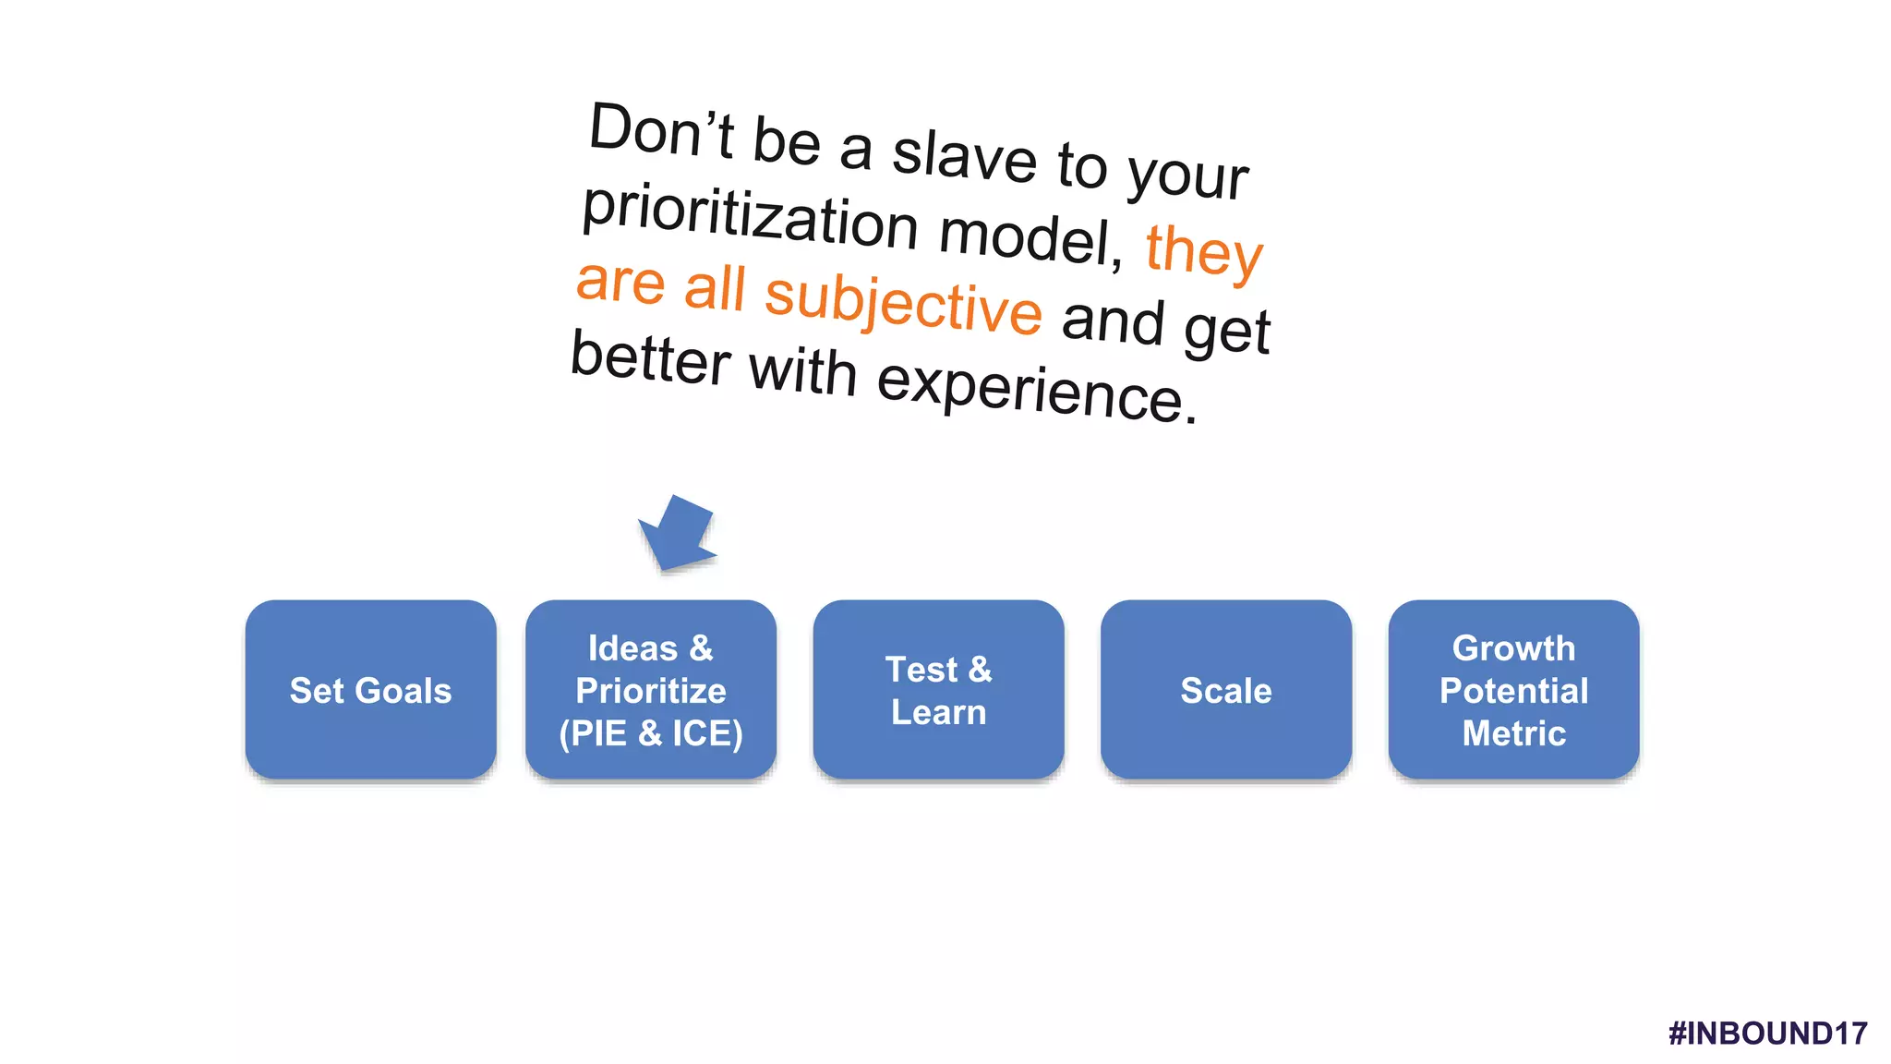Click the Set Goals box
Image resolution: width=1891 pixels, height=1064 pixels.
pyautogui.click(x=370, y=689)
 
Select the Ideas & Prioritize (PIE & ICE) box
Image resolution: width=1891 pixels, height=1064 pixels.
pyautogui.click(x=650, y=689)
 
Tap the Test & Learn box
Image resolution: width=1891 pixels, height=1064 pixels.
pyautogui.click(x=938, y=689)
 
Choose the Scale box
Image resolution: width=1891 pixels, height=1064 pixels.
pyautogui.click(x=1226, y=689)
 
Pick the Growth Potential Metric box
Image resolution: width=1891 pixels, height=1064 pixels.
pyautogui.click(x=1513, y=689)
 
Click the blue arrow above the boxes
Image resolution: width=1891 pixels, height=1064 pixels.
pyautogui.click(x=679, y=534)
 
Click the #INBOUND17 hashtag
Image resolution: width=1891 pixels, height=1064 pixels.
pyautogui.click(x=1767, y=1033)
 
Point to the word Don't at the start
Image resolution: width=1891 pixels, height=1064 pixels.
pyautogui.click(x=661, y=132)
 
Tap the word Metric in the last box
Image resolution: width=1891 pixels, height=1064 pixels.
pyautogui.click(x=1513, y=733)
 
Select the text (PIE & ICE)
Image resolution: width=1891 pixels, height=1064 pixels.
pyautogui.click(x=650, y=733)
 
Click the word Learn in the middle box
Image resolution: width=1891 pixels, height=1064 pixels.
pyautogui.click(x=938, y=712)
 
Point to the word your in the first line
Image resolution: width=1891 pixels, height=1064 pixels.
pyautogui.click(x=1187, y=174)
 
